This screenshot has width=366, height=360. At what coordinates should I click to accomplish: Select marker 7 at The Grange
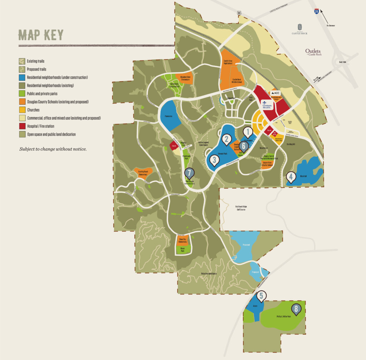189,173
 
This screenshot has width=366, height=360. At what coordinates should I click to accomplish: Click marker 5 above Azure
261,296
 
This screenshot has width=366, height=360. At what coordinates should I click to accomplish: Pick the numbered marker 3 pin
214,160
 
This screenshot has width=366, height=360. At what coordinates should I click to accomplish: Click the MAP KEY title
41,35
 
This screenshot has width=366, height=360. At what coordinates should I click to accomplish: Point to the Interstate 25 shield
316,11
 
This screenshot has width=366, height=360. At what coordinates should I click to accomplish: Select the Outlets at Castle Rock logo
313,52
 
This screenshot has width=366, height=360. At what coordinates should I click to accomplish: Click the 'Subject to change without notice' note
53,149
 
